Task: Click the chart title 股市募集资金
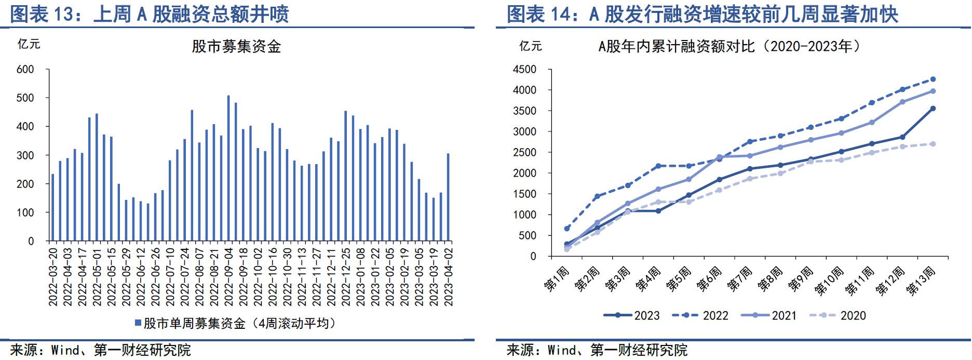[x=236, y=47]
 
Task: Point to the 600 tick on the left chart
[x=25, y=70]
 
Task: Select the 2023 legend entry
[x=632, y=315]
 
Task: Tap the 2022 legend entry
[x=700, y=315]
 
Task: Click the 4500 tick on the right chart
[x=524, y=70]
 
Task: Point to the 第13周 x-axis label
[x=922, y=281]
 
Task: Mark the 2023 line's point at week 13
[x=933, y=109]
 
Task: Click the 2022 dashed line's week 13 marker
[x=933, y=79]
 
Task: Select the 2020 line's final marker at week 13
[x=933, y=144]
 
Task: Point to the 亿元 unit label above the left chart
[x=29, y=44]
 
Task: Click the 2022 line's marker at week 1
[x=566, y=229]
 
